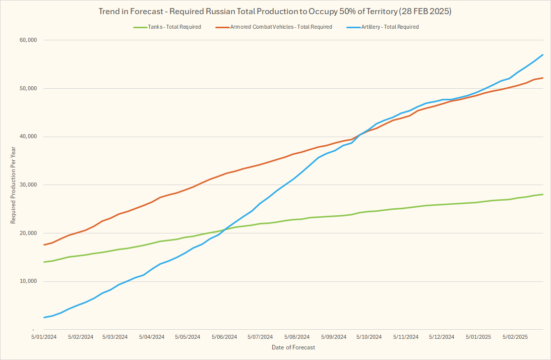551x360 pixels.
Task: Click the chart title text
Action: [x=275, y=11]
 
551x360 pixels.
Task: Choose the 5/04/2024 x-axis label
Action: [x=152, y=337]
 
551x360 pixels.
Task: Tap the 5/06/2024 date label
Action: [x=224, y=337]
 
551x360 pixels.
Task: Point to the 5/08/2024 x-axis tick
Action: [x=297, y=337]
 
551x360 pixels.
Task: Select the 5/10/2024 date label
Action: [x=370, y=337]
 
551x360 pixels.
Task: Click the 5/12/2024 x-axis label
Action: [x=442, y=337]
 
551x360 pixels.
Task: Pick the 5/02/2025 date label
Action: [x=516, y=337]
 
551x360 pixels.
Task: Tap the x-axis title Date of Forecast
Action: [x=293, y=347]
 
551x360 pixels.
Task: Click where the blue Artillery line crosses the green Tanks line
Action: [x=225, y=229]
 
